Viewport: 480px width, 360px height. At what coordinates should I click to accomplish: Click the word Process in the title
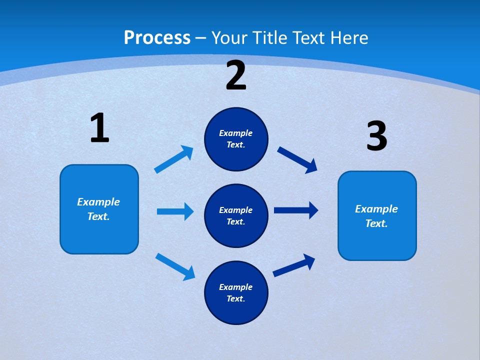[x=157, y=38]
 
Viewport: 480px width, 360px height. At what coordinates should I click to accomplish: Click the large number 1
[x=99, y=128]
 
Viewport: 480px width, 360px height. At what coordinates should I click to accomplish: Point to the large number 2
[x=236, y=75]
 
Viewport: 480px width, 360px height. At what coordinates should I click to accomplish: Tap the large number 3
[x=376, y=136]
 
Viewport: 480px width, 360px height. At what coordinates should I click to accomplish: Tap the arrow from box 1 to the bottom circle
[x=175, y=266]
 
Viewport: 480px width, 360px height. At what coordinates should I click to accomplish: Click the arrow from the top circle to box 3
[x=297, y=159]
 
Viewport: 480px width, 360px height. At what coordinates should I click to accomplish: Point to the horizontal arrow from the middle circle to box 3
[x=295, y=210]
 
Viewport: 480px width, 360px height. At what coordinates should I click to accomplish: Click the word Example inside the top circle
[x=236, y=133]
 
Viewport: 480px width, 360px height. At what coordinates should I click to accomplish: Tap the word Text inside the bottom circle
[x=235, y=299]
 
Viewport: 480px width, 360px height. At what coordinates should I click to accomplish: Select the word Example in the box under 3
[x=376, y=209]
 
